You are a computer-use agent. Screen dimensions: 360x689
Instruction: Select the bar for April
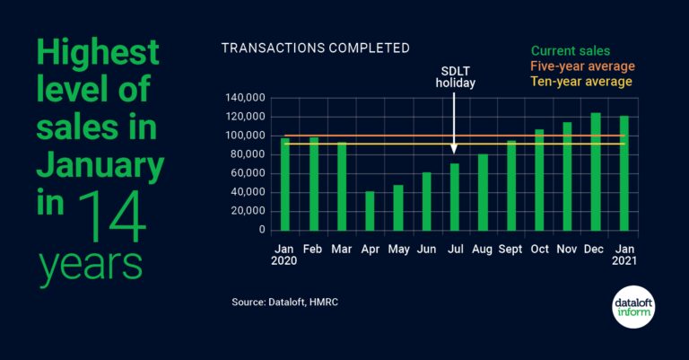pos(370,210)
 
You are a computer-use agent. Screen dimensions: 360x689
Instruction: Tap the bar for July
pos(455,196)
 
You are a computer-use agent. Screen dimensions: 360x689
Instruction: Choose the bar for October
pos(539,180)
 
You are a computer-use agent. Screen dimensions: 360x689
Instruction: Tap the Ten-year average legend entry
pos(581,82)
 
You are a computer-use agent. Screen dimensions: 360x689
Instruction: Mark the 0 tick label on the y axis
pos(261,230)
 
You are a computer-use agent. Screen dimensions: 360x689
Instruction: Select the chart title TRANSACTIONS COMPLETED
pos(315,48)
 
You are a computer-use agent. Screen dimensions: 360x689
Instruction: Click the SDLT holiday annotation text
pos(455,77)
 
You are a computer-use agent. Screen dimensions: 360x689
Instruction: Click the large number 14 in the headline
pos(112,218)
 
